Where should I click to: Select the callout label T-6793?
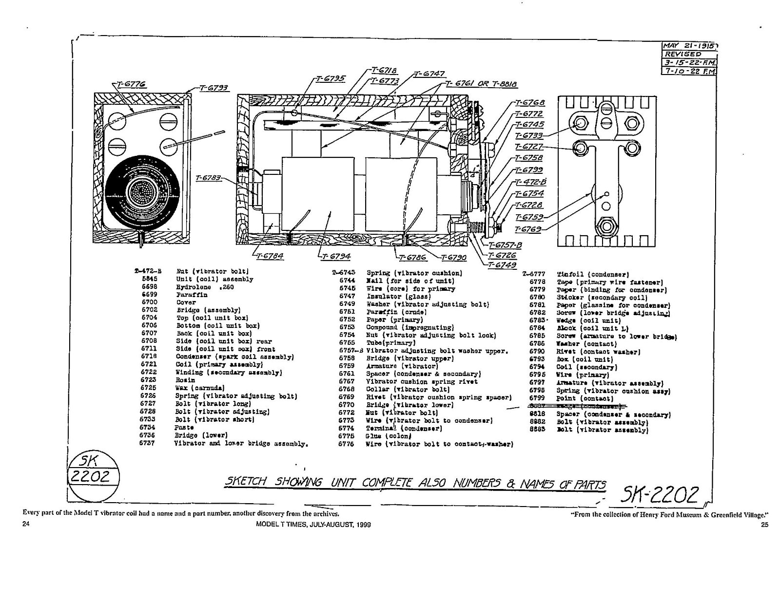click(x=213, y=88)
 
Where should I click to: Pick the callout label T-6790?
click(x=454, y=258)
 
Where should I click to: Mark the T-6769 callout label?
click(x=528, y=229)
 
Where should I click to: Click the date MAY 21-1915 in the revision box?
click(x=690, y=46)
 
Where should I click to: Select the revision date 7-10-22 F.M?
click(x=690, y=71)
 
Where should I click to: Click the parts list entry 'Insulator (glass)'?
click(x=399, y=296)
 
